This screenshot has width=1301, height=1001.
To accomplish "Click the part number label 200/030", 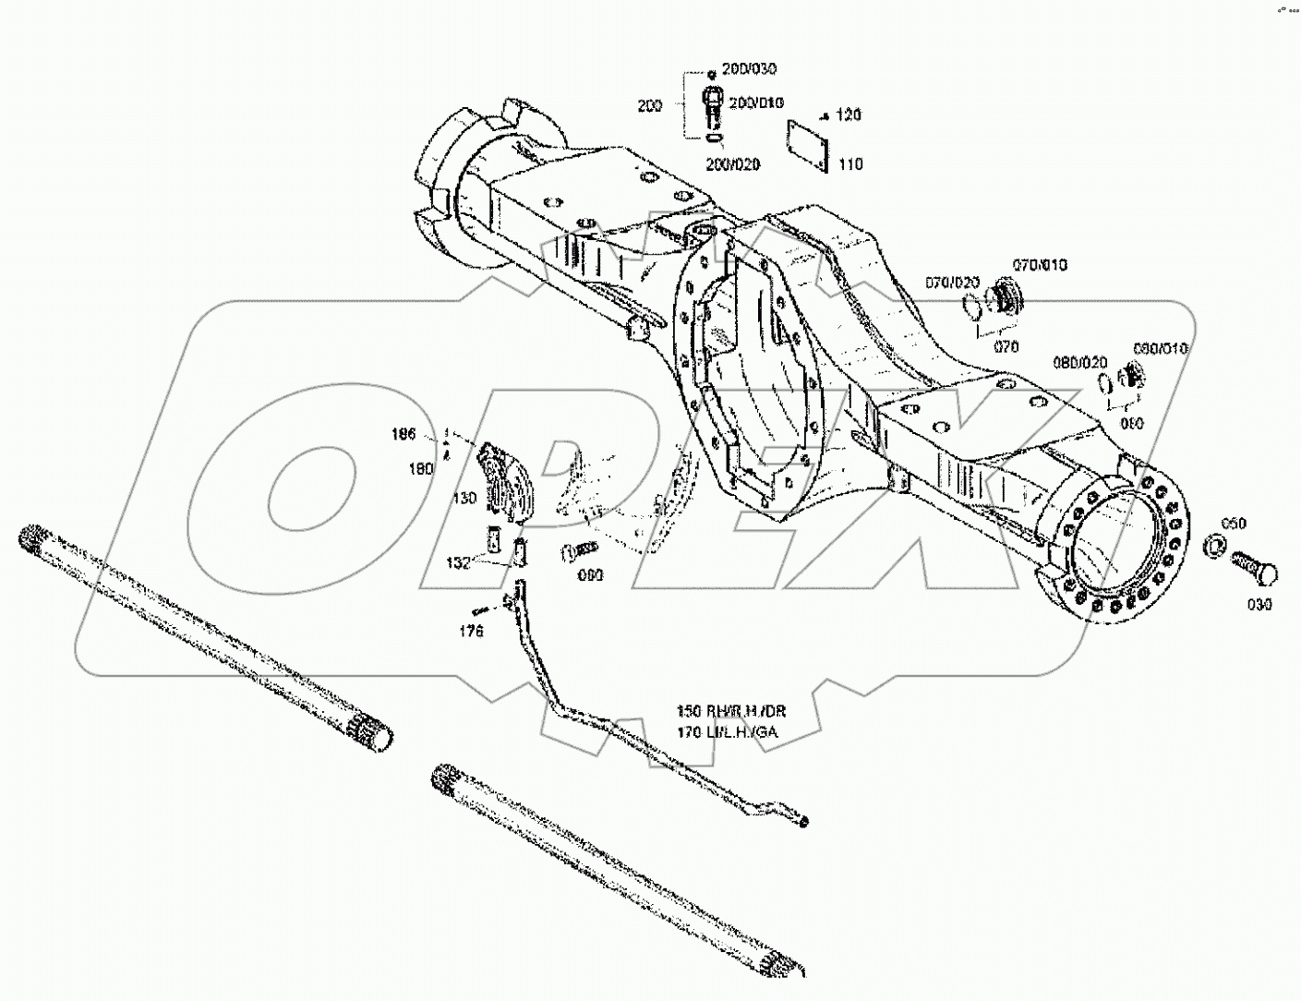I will pyautogui.click(x=749, y=69).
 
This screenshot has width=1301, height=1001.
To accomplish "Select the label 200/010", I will pyautogui.click(x=756, y=102).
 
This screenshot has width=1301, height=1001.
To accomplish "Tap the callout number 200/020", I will pyautogui.click(x=733, y=164).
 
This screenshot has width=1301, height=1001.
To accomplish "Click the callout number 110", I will pyautogui.click(x=849, y=164).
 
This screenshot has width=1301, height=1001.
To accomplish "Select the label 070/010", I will pyautogui.click(x=1040, y=265).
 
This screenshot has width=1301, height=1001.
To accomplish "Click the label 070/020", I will pyautogui.click(x=952, y=283).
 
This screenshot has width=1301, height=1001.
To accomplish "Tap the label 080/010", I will pyautogui.click(x=1161, y=348).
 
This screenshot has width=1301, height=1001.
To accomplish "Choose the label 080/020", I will pyautogui.click(x=1080, y=363).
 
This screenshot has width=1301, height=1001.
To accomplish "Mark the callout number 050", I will pyautogui.click(x=1233, y=524).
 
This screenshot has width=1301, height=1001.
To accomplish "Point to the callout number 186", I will pyautogui.click(x=404, y=434).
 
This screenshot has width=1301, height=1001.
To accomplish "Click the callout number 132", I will pyautogui.click(x=459, y=562).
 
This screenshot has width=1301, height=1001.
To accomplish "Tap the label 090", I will pyautogui.click(x=590, y=575).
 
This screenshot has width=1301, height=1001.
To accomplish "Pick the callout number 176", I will pyautogui.click(x=471, y=632).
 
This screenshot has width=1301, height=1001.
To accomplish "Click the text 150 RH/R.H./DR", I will pyautogui.click(x=731, y=712).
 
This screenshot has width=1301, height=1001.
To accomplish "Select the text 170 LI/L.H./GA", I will pyautogui.click(x=728, y=733).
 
